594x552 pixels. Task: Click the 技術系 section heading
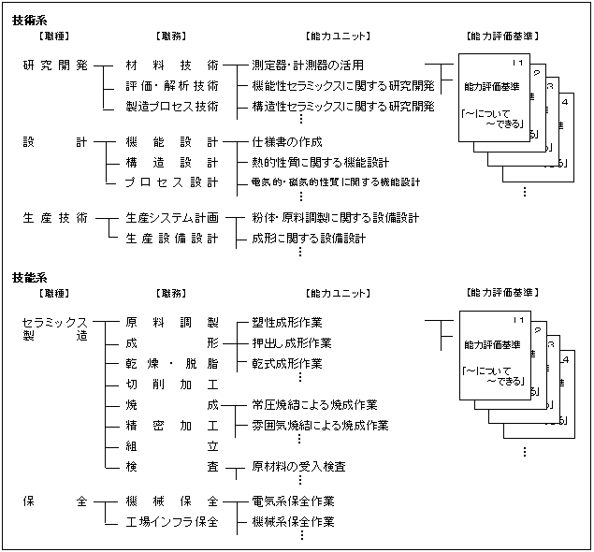click(29, 20)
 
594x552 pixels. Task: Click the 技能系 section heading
click(29, 278)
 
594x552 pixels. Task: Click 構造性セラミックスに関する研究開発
click(343, 107)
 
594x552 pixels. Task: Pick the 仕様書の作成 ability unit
click(287, 142)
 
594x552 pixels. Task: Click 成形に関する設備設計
click(309, 238)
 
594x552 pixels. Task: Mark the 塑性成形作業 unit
click(287, 323)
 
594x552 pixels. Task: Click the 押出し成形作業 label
click(292, 343)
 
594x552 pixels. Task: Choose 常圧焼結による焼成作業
click(314, 405)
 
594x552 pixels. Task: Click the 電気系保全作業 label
click(293, 501)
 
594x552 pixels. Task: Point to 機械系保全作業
click(293, 521)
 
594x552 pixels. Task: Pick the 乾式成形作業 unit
click(287, 363)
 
